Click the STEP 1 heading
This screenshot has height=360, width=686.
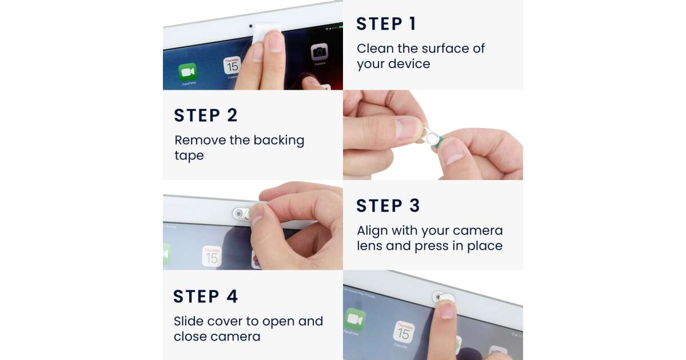coord(386,23)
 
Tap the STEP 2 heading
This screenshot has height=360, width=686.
coord(205,115)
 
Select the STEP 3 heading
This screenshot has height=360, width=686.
coord(388,205)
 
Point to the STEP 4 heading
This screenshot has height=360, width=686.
coord(205,296)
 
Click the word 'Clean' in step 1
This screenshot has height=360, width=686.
coord(375,49)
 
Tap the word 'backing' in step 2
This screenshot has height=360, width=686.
coord(279,141)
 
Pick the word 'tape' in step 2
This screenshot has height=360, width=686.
coord(189,156)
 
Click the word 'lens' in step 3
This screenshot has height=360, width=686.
coord(370,246)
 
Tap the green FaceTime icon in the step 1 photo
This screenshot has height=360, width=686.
coord(188,72)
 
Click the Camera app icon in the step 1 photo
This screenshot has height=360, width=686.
coord(320,52)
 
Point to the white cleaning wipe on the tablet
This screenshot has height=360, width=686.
coord(266,33)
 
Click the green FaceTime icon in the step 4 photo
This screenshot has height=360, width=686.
coord(355,319)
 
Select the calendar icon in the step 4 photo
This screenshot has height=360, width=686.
coord(404,333)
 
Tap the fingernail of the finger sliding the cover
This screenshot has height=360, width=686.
coord(447,310)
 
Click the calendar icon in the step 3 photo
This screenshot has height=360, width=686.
coord(212,256)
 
